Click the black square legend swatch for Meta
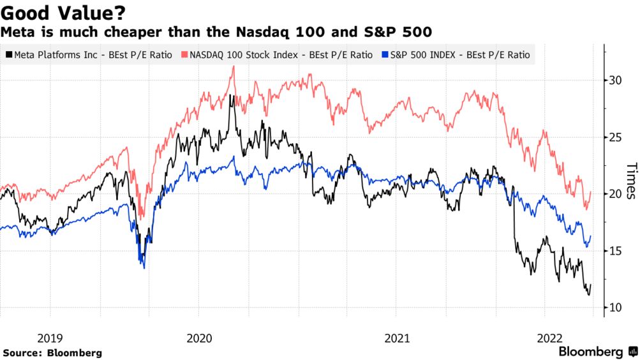coord(8,56)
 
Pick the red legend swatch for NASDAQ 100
coord(185,56)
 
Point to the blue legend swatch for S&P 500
coord(383,56)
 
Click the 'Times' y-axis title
coord(630,182)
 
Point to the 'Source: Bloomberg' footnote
coord(52,352)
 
